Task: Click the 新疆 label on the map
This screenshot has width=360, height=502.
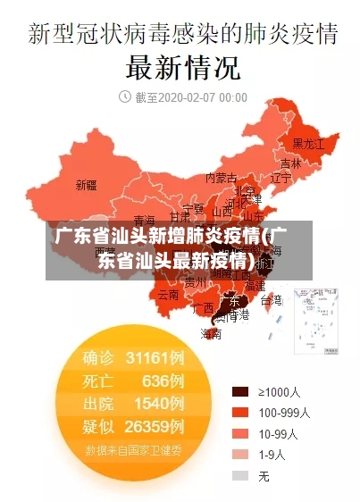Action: (x=86, y=186)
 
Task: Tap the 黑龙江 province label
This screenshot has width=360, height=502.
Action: (x=308, y=143)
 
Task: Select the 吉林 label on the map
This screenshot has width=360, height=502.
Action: (x=290, y=163)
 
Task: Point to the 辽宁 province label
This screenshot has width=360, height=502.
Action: (x=280, y=178)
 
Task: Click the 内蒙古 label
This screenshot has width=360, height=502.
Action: (x=222, y=178)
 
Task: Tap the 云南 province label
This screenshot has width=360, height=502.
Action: (x=168, y=293)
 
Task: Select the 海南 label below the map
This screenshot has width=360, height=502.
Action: (x=211, y=334)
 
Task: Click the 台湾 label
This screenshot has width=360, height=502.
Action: (x=271, y=300)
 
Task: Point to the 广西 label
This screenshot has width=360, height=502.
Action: (x=203, y=307)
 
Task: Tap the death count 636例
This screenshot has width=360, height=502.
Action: (x=163, y=381)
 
